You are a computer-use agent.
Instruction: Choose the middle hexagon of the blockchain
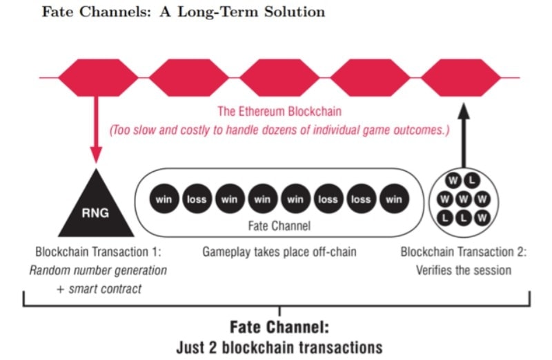point(279,77)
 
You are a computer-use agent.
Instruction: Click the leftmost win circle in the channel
point(164,200)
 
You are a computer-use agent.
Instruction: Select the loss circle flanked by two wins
point(196,200)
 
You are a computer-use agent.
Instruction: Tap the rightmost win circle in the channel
point(394,200)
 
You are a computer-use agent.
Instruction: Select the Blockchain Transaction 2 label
point(464,252)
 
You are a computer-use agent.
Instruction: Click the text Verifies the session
point(464,270)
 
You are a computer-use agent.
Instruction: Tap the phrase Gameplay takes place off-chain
point(279,252)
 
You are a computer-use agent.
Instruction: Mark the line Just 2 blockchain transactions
point(279,345)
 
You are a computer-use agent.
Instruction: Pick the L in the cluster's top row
point(473,180)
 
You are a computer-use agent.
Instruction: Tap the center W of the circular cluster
point(464,200)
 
